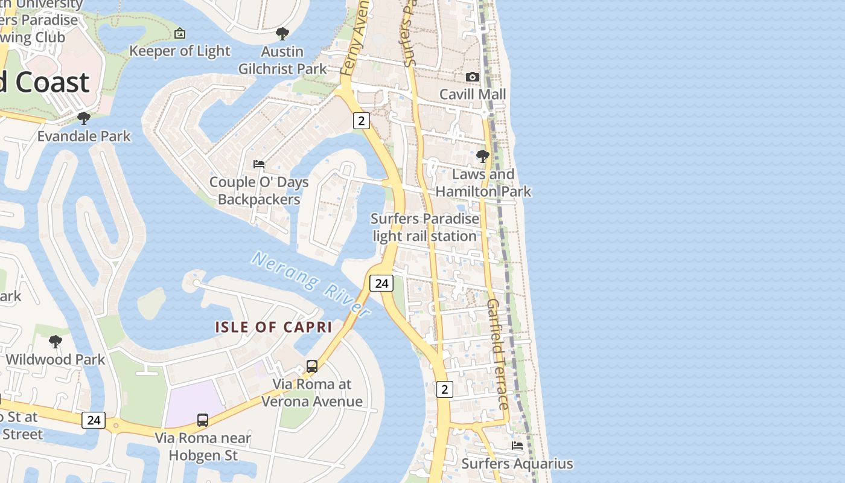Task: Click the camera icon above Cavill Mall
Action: pos(473,77)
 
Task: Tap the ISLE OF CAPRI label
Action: pos(274,327)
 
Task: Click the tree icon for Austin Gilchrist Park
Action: pos(282,34)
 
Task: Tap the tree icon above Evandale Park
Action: pos(84,118)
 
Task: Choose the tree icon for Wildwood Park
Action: pos(56,342)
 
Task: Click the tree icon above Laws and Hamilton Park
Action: pos(482,156)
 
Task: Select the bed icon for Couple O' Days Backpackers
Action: pos(259,164)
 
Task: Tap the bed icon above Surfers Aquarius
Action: pos(517,446)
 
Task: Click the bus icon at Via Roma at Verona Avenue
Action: pos(312,366)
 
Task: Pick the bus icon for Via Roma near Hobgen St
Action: pos(203,420)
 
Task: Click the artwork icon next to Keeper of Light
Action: pos(179,33)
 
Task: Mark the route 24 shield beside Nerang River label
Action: pos(381,283)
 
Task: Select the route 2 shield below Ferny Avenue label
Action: pos(361,120)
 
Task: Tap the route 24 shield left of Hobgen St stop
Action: pos(94,420)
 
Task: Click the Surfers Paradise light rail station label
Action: pos(425,227)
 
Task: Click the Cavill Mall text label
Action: pos(473,94)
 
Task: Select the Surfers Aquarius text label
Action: pos(517,464)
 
